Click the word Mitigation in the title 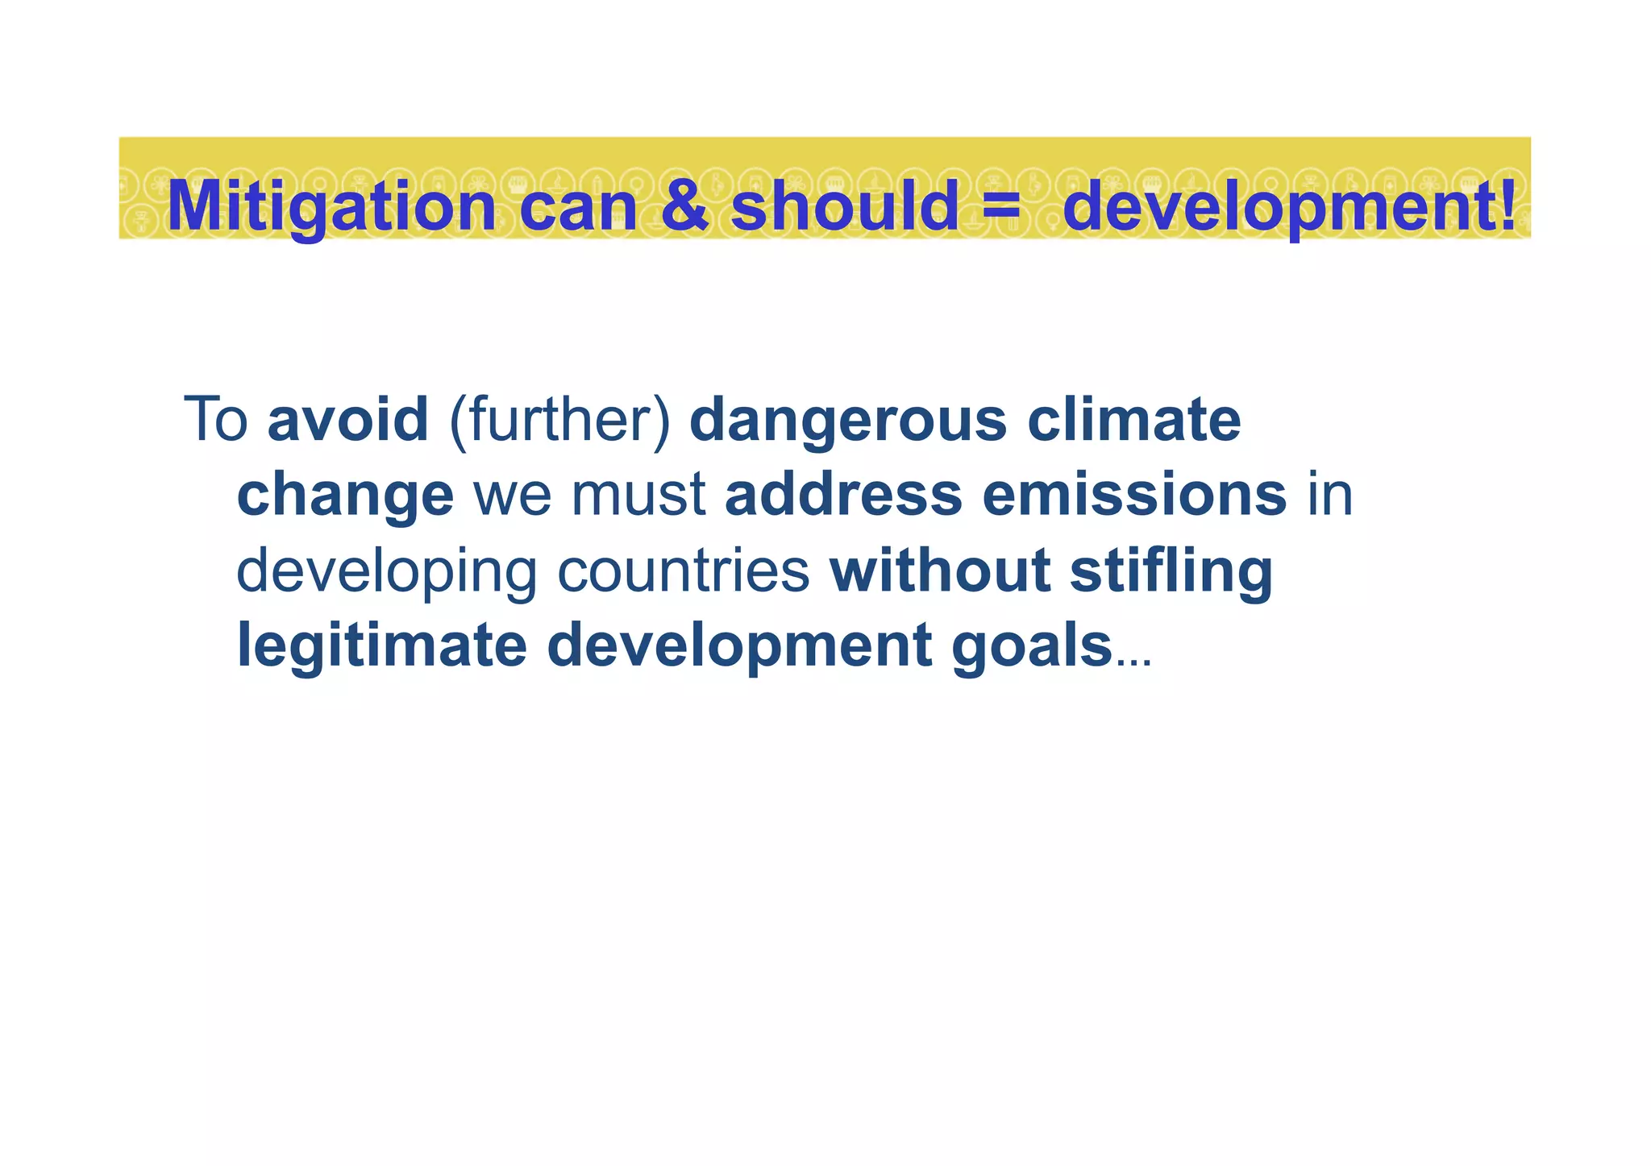331,206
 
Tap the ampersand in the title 684,205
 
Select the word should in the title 844,205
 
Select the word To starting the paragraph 215,420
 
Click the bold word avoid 347,420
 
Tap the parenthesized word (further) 559,421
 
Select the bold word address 843,494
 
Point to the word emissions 1134,494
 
